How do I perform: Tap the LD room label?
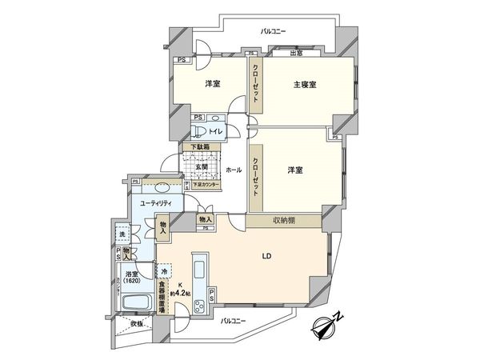click(266, 258)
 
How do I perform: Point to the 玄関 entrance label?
click(202, 166)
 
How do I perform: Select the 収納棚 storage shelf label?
click(282, 220)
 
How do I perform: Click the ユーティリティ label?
click(157, 205)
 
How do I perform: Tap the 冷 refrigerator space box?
click(165, 271)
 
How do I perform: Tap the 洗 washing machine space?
click(122, 234)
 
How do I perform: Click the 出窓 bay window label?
click(295, 53)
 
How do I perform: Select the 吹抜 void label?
click(138, 323)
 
